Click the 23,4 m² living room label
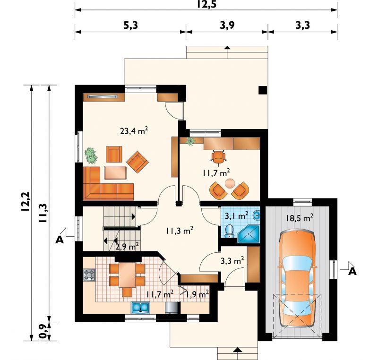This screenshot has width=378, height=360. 134,131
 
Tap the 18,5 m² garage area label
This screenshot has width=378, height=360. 300,218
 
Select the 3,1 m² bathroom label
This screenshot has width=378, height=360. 237,215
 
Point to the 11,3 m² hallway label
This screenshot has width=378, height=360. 180,231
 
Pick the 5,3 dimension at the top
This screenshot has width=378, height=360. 131,25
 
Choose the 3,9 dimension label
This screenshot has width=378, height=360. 227,25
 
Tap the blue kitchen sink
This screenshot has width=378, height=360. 140,308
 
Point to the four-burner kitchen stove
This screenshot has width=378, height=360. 89,275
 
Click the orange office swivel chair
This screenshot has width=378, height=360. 219,157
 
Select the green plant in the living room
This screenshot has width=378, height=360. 91,155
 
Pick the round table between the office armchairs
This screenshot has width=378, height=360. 230,183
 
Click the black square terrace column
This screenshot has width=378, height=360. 263,90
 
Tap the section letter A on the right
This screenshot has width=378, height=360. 352,272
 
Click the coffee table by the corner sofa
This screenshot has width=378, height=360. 115,172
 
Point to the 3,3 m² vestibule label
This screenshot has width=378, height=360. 232,260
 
